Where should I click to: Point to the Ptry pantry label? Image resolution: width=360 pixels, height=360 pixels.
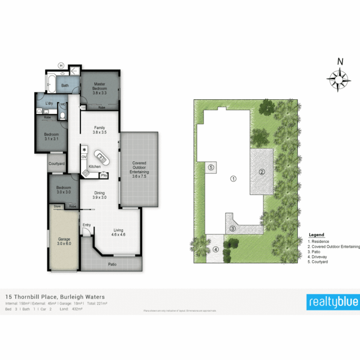point(104,175)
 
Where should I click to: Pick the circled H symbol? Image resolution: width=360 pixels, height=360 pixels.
point(61,65)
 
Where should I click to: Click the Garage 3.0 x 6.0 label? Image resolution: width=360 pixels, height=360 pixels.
point(64,241)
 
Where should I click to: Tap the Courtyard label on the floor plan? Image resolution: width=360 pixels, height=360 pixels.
point(57,164)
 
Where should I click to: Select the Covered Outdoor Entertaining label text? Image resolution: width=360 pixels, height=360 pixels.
point(139,168)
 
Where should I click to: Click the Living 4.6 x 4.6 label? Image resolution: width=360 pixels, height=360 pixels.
point(118,232)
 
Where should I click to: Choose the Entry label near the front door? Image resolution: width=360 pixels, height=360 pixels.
point(87,225)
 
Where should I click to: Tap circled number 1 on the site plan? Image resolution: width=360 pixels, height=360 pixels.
point(234,179)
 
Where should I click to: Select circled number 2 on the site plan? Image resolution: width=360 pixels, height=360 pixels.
point(262,172)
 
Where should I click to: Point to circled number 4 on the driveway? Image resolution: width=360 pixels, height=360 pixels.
point(216,249)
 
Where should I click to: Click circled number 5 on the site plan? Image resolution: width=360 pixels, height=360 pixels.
point(211,167)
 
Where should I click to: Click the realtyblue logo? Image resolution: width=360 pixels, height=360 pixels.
point(333,302)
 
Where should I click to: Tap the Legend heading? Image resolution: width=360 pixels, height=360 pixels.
point(316,235)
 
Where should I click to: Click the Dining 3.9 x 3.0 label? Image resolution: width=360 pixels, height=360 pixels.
point(99,195)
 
